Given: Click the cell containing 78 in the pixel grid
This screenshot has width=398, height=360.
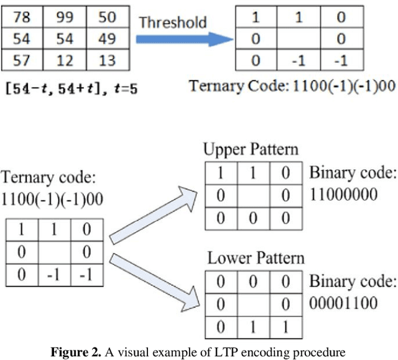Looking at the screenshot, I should [x=22, y=17].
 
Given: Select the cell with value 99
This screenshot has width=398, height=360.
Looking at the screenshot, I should [x=65, y=17].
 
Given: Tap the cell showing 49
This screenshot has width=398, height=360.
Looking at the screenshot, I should [x=107, y=39].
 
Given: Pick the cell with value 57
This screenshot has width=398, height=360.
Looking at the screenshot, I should [x=22, y=61].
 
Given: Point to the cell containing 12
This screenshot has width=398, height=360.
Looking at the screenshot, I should [x=65, y=61].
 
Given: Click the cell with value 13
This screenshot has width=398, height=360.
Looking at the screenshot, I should [x=107, y=61].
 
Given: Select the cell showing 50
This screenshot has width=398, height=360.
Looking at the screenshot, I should [x=107, y=17].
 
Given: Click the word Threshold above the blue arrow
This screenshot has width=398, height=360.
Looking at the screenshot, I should [x=172, y=23].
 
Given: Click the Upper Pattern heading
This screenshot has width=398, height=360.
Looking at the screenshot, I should [x=251, y=150].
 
